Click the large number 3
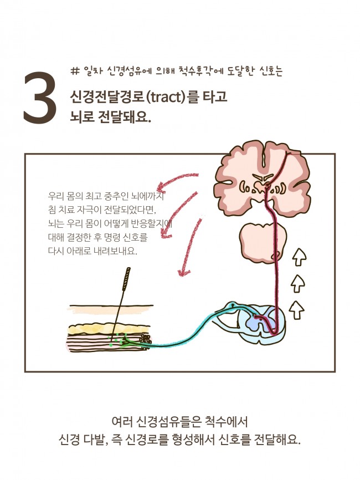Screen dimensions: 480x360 (40, 98)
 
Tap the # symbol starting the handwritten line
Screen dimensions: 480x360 (76, 71)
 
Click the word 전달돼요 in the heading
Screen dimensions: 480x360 (122, 118)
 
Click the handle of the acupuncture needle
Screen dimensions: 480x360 (128, 277)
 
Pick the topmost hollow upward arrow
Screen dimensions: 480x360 (299, 257)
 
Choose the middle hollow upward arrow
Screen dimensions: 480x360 (298, 283)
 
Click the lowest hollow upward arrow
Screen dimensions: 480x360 (298, 309)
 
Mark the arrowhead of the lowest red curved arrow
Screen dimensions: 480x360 (180, 272)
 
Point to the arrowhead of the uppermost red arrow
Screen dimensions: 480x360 (159, 186)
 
